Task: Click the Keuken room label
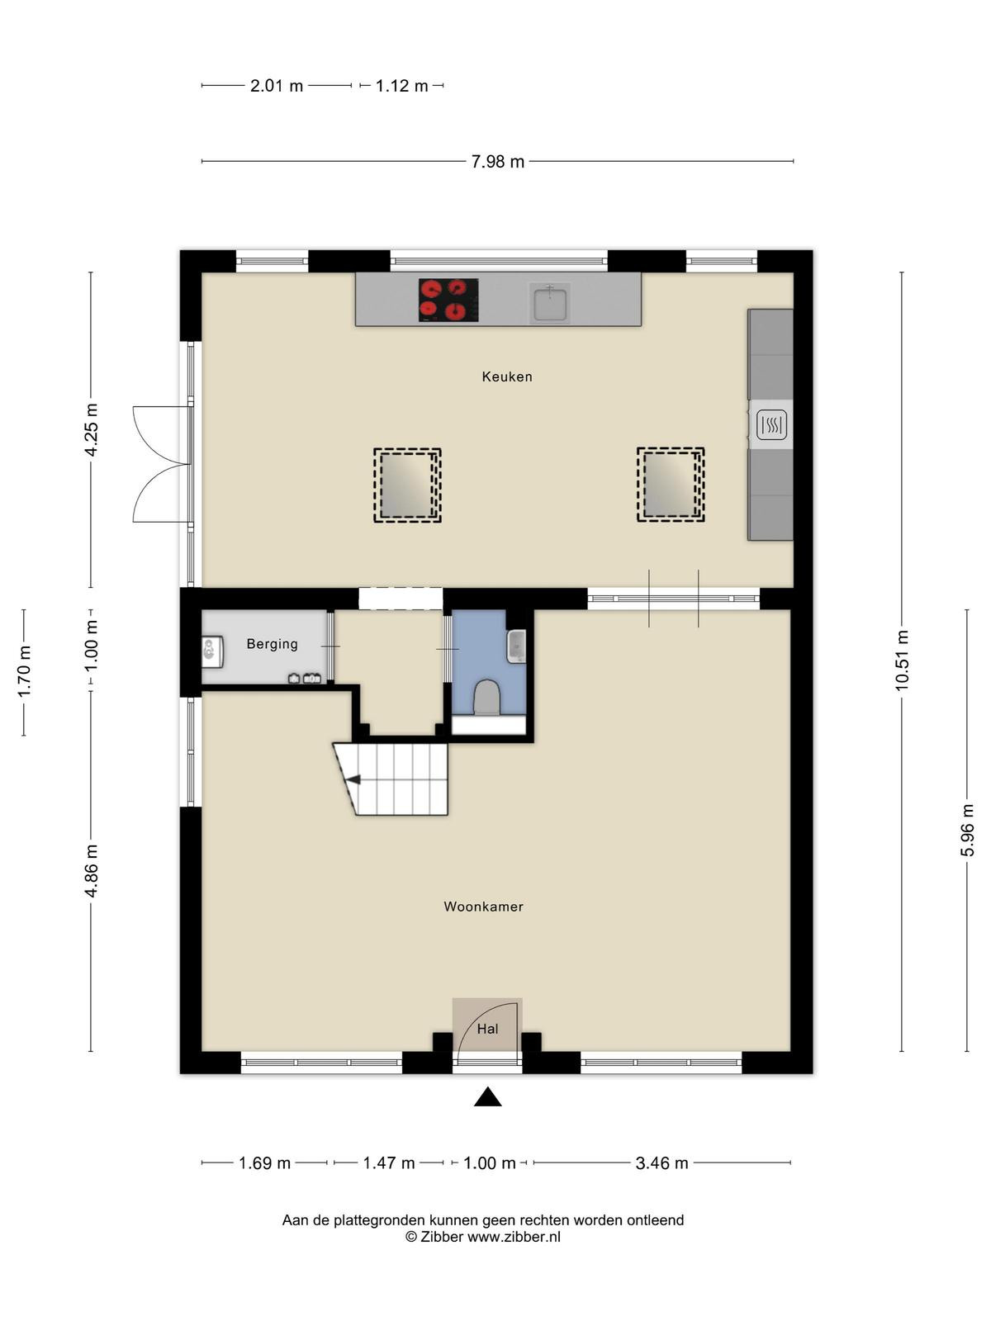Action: (x=506, y=376)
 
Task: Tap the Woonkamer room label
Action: (x=483, y=907)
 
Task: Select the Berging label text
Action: (x=272, y=644)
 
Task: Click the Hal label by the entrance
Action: (x=487, y=1029)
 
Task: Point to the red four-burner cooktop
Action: (x=448, y=300)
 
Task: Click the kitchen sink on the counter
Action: (x=549, y=302)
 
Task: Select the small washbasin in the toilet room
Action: (x=517, y=646)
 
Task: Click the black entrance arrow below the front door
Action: (x=487, y=1098)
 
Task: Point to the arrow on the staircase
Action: (x=353, y=780)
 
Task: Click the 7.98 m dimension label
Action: (x=498, y=162)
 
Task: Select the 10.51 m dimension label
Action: (x=901, y=660)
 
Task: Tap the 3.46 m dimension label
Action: (x=661, y=1162)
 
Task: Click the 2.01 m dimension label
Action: (x=276, y=86)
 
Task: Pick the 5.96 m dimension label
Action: (x=967, y=830)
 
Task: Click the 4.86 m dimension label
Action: (x=91, y=870)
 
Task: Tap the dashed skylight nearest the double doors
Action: (x=407, y=485)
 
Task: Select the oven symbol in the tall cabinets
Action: (x=771, y=425)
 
